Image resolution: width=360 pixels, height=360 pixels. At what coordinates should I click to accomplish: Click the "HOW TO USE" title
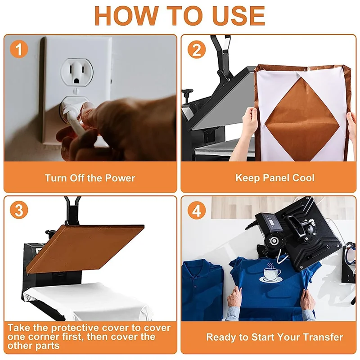click(x=180, y=15)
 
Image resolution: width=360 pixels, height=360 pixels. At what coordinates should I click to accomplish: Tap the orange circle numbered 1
click(x=19, y=49)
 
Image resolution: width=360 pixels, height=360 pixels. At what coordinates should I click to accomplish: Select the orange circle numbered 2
click(x=197, y=49)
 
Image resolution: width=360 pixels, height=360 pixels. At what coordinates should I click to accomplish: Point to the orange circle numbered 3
click(x=19, y=210)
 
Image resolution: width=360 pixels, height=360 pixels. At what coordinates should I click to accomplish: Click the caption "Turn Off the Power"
click(x=90, y=178)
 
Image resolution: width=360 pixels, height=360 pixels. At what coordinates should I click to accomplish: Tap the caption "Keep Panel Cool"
click(x=275, y=178)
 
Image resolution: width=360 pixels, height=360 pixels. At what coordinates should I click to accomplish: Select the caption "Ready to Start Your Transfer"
click(x=274, y=337)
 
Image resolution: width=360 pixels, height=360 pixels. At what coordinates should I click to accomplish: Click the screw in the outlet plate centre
click(x=76, y=91)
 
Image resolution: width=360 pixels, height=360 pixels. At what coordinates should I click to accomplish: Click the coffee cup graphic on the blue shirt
click(x=271, y=273)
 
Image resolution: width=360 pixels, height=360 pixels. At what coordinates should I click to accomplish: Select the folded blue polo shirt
click(x=202, y=290)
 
